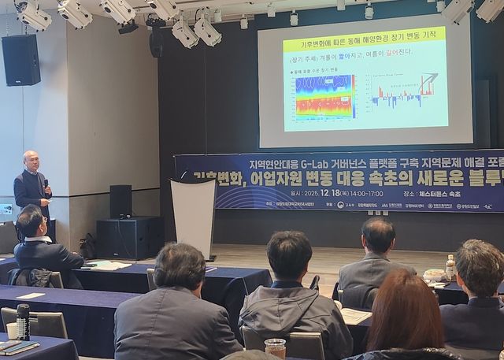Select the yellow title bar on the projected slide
point(364,36)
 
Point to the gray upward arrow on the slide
point(428,82)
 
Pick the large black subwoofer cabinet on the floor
point(129,238)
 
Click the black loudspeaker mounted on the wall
point(20,60)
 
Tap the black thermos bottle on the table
point(23,321)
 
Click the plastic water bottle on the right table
point(450,267)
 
